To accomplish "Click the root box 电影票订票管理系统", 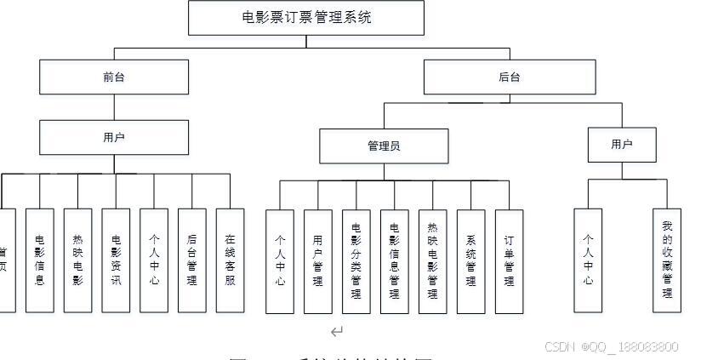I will [x=305, y=18].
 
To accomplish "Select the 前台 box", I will [x=114, y=77].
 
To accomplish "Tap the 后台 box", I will [x=510, y=77].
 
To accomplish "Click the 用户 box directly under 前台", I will [x=114, y=137].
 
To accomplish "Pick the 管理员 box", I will [x=384, y=146].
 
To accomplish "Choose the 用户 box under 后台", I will [x=622, y=145].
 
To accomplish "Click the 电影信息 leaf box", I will [x=40, y=260].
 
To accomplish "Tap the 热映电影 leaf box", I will [x=78, y=260].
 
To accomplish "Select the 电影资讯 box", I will [x=116, y=260].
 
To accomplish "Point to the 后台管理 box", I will [x=192, y=260].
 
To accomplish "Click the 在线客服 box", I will [x=230, y=260].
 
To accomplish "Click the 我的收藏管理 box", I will [x=667, y=260].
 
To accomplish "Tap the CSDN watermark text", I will [x=611, y=346].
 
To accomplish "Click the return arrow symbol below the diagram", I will [x=337, y=331].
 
